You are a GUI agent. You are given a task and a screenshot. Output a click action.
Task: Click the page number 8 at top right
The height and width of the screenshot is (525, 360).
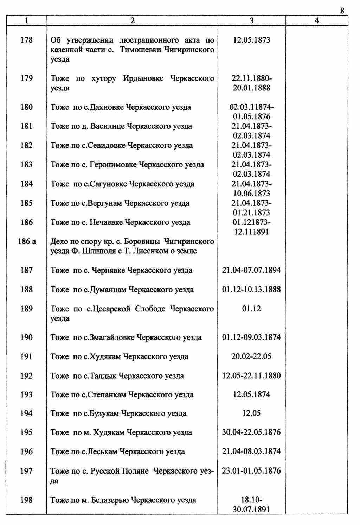coord(342,11)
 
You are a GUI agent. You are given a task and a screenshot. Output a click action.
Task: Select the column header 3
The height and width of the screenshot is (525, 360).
coord(252,21)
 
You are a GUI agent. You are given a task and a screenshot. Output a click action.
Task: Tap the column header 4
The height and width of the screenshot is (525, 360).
coord(317,21)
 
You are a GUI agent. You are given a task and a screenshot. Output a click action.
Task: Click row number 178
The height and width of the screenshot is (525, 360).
coord(27,40)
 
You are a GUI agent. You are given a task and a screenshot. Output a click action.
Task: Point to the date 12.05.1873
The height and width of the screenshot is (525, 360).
coord(252,40)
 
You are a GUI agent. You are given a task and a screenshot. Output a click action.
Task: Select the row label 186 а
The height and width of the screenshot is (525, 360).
coord(27,242)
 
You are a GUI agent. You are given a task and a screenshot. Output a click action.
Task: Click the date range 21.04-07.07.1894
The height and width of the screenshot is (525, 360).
coord(252,271)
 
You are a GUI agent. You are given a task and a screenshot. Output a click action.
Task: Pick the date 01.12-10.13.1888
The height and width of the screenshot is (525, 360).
coord(252,290)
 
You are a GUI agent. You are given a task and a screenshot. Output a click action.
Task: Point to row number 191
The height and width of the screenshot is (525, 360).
coord(27,356)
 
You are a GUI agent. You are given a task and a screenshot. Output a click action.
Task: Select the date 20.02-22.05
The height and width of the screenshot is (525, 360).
coord(252,356)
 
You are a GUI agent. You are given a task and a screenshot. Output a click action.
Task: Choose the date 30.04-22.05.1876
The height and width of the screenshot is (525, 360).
coord(252,432)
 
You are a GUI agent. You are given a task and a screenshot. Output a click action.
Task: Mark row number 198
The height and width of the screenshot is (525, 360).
coord(27,500)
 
